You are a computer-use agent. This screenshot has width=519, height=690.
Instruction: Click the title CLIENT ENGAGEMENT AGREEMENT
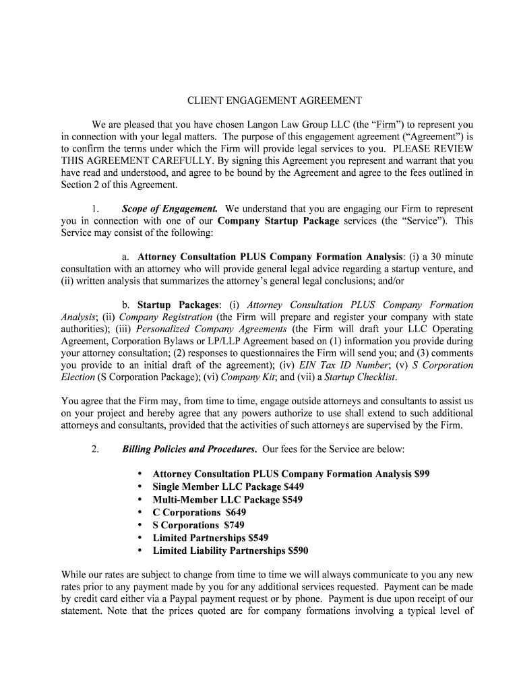tap(274, 100)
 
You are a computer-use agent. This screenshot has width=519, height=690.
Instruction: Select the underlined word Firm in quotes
tap(386, 125)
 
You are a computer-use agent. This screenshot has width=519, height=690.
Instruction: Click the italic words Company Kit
tap(243, 377)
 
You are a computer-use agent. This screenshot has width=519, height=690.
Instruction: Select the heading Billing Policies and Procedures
tap(189, 449)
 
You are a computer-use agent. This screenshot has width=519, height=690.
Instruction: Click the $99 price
tap(422, 474)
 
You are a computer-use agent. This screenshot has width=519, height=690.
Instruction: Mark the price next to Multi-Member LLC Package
tap(292, 499)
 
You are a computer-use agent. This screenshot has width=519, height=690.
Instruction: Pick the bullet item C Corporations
tap(187, 512)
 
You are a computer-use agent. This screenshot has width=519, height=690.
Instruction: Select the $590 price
tap(297, 551)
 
